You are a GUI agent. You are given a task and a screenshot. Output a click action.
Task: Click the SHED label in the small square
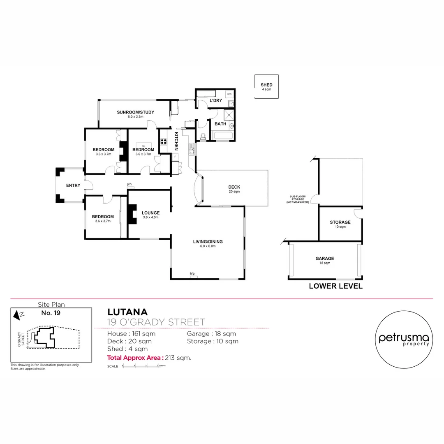tap(266, 85)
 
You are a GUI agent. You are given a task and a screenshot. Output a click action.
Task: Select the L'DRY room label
tap(216, 100)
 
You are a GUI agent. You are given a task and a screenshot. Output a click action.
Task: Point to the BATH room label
tap(220, 124)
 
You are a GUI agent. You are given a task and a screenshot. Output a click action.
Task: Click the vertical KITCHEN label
tap(176, 141)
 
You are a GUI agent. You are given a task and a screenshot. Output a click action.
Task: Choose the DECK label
tap(234, 187)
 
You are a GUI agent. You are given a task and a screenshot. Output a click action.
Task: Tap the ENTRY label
tap(73, 185)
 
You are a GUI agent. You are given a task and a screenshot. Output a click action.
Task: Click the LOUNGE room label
tap(150, 213)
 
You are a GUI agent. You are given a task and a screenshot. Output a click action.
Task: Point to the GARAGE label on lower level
tap(325, 259)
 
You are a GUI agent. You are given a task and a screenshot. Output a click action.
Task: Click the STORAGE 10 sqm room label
tap(340, 222)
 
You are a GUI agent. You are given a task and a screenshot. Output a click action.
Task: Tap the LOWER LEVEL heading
tap(335, 286)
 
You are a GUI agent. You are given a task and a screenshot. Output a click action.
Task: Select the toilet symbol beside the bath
tap(203, 136)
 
